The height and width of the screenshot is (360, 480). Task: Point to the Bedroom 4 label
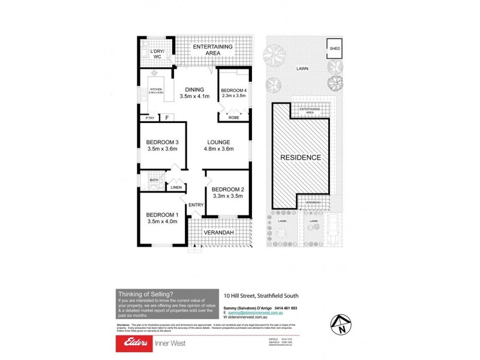(233, 89)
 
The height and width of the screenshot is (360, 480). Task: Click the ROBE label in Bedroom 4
(234, 118)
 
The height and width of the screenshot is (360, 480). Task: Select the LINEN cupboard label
(176, 188)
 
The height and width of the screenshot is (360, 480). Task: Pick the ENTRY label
(196, 205)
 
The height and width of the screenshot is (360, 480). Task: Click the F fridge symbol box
(167, 118)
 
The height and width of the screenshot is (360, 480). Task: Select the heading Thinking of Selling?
(144, 293)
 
